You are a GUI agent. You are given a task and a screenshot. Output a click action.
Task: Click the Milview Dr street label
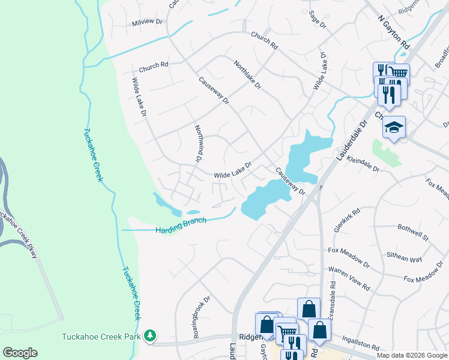pos(147,22)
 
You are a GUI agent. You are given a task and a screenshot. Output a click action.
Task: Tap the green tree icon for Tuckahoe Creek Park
pos(152,336)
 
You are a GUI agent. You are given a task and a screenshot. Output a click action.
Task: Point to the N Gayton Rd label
pos(393,31)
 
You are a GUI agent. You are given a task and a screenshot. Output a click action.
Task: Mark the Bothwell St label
pos(413,232)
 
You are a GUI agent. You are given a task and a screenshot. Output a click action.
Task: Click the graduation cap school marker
pos(394,127)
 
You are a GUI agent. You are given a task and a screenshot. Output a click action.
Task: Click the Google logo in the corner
pos(20,352)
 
